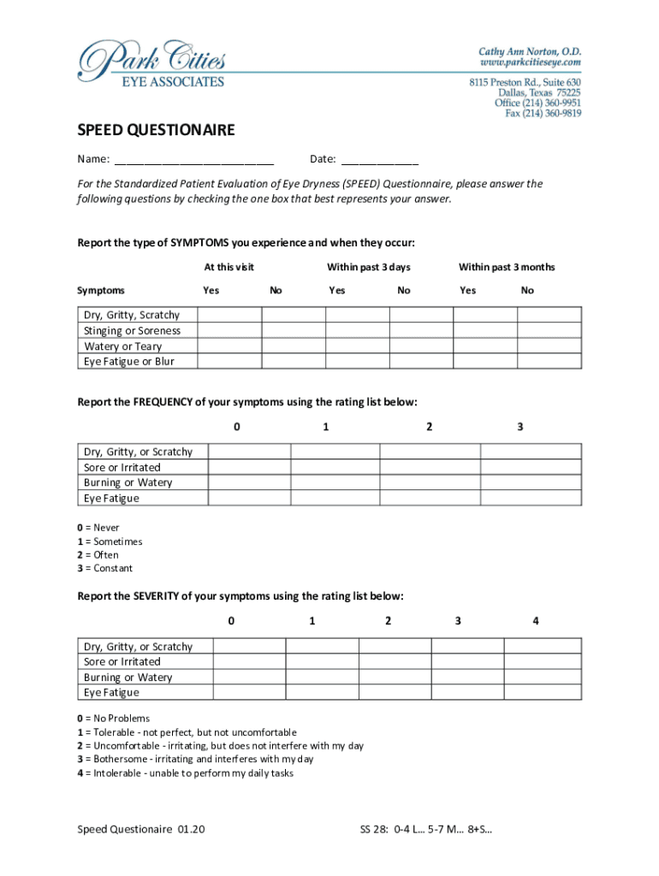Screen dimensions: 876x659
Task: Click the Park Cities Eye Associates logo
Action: (151, 65)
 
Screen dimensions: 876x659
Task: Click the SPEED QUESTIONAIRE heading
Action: (156, 131)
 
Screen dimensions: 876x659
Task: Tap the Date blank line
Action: (380, 160)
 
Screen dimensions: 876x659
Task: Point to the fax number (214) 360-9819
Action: (543, 114)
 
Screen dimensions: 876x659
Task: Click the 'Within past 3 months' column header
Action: (507, 268)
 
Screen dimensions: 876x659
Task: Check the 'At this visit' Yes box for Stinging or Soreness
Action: (229, 331)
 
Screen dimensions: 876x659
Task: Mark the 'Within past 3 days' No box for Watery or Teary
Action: (421, 346)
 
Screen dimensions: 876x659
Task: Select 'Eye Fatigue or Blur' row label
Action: (129, 362)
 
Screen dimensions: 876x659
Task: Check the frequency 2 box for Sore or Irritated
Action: (430, 467)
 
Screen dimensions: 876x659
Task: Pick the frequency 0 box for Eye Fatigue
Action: (249, 498)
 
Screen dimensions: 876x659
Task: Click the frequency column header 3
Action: (519, 427)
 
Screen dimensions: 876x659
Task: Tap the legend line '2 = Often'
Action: (98, 555)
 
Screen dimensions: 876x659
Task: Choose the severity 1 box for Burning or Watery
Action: (322, 678)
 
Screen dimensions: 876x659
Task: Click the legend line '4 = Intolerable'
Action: (186, 773)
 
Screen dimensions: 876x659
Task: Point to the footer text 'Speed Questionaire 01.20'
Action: (141, 830)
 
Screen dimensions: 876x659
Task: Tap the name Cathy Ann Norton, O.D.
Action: (530, 51)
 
